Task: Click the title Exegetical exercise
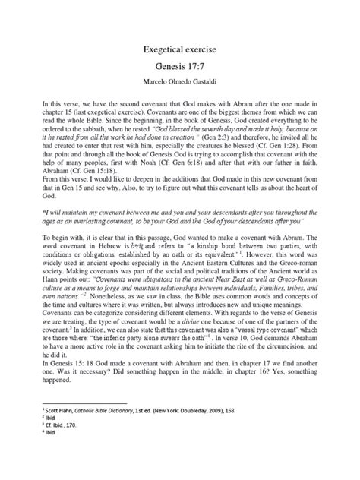180,49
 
